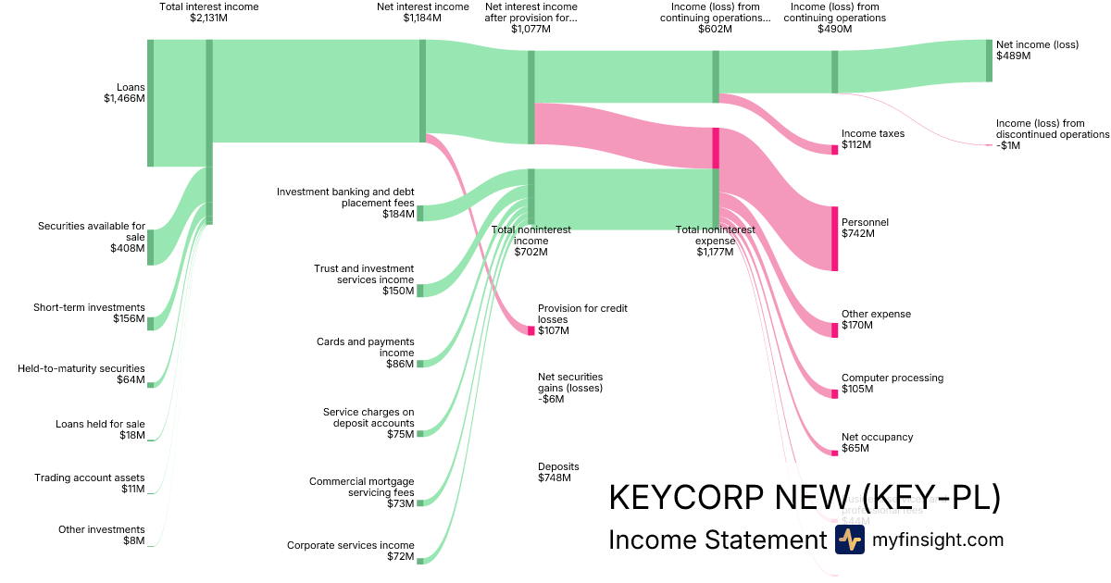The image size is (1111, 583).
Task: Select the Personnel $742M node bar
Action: click(834, 239)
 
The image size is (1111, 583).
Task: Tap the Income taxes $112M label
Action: click(872, 140)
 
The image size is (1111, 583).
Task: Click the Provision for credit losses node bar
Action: click(531, 330)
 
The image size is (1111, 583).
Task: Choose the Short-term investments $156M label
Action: click(89, 314)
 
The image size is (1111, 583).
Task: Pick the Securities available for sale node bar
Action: click(151, 247)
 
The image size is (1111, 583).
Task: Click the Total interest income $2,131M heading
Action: click(209, 12)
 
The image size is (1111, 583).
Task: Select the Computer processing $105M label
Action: click(892, 383)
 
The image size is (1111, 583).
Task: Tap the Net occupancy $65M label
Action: click(877, 442)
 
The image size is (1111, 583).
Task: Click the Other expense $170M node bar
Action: click(834, 330)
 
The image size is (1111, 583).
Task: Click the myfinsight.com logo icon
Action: click(849, 540)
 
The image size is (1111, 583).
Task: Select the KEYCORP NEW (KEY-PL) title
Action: click(805, 498)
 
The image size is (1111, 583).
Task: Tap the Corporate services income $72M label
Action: click(350, 552)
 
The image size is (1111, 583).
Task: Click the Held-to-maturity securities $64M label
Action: click(81, 374)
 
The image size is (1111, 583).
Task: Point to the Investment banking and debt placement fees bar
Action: click(419, 214)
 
